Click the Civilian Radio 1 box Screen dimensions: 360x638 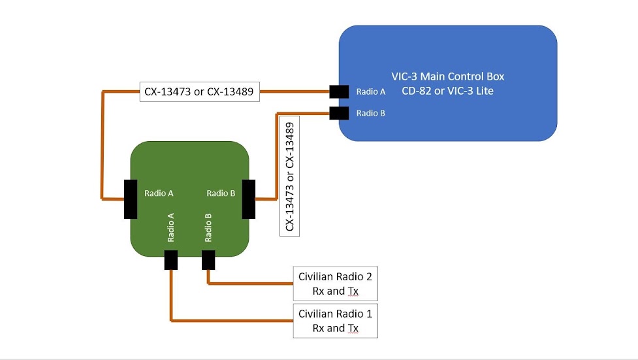coord(335,320)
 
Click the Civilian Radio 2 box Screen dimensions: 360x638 coord(335,284)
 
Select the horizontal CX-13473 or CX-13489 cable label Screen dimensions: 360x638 coord(199,91)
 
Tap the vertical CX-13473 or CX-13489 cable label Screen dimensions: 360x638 coord(289,176)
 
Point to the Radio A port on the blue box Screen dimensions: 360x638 coord(338,91)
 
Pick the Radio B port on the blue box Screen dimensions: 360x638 coord(338,113)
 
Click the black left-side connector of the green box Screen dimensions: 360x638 coord(131,199)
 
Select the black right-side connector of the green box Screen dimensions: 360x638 coord(248,199)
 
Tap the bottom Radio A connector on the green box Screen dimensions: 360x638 coord(171,260)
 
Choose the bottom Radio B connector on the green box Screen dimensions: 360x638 coord(208,260)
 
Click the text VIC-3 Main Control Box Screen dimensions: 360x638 coord(447,76)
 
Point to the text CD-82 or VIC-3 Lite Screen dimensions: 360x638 coord(447,91)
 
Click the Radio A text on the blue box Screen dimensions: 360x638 coord(370,91)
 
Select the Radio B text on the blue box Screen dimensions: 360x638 coord(370,113)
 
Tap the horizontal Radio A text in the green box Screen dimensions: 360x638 coord(159,193)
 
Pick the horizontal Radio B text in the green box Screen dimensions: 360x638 coord(221,193)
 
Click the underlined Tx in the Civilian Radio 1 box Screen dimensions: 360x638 coord(353,328)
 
